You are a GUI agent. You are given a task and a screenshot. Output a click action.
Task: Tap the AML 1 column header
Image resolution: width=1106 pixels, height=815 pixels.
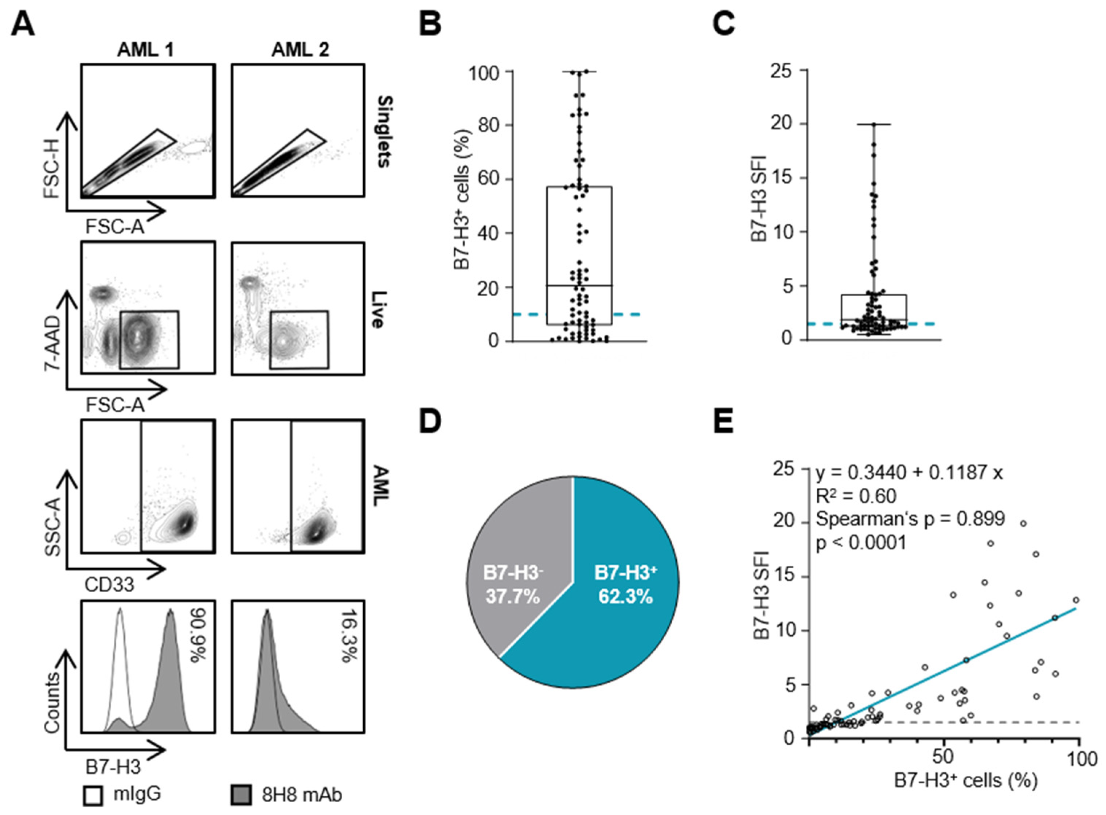pos(145,50)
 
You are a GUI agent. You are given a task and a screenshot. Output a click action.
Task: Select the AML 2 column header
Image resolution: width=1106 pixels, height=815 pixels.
pos(300,50)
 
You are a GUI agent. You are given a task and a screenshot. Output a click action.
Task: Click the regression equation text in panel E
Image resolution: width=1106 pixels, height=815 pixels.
pos(909,473)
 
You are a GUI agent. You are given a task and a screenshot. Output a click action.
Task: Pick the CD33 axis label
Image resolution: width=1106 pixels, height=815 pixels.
pos(109,585)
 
